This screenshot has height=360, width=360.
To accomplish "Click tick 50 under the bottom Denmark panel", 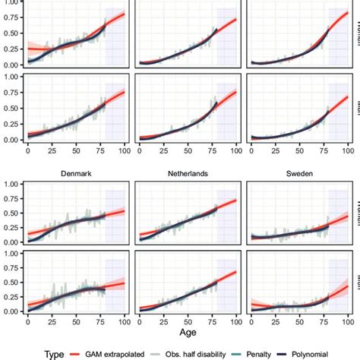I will click(x=66, y=320).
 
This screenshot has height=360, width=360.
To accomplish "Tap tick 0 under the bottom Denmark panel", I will click(x=28, y=320).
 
